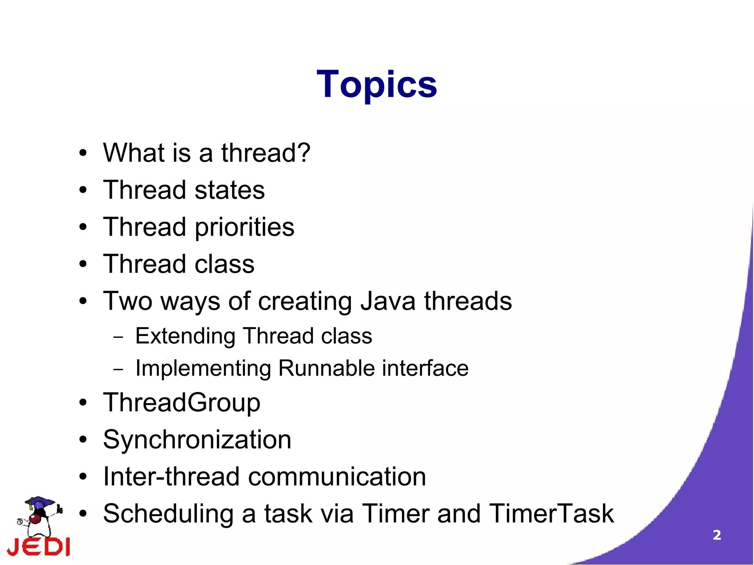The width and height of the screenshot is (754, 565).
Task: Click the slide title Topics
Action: pos(377,85)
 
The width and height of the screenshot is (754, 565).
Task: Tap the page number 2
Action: pos(716,535)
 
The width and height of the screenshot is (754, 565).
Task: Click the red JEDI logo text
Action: pos(39,547)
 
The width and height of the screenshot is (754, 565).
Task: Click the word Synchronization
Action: pos(197,439)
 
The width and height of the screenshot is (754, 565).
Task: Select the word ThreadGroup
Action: pos(182,402)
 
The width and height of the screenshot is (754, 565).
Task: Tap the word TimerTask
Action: pos(551,513)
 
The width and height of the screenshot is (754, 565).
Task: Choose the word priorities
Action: pos(244,227)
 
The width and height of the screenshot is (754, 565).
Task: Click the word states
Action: pos(229,190)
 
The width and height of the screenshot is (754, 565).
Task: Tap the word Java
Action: pos(388,301)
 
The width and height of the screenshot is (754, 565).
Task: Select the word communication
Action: pos(337,477)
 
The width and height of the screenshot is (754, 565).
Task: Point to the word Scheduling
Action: pos(168,514)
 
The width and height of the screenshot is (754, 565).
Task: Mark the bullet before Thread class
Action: pos(83,264)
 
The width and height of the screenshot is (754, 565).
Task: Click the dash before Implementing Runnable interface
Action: pos(119,369)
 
